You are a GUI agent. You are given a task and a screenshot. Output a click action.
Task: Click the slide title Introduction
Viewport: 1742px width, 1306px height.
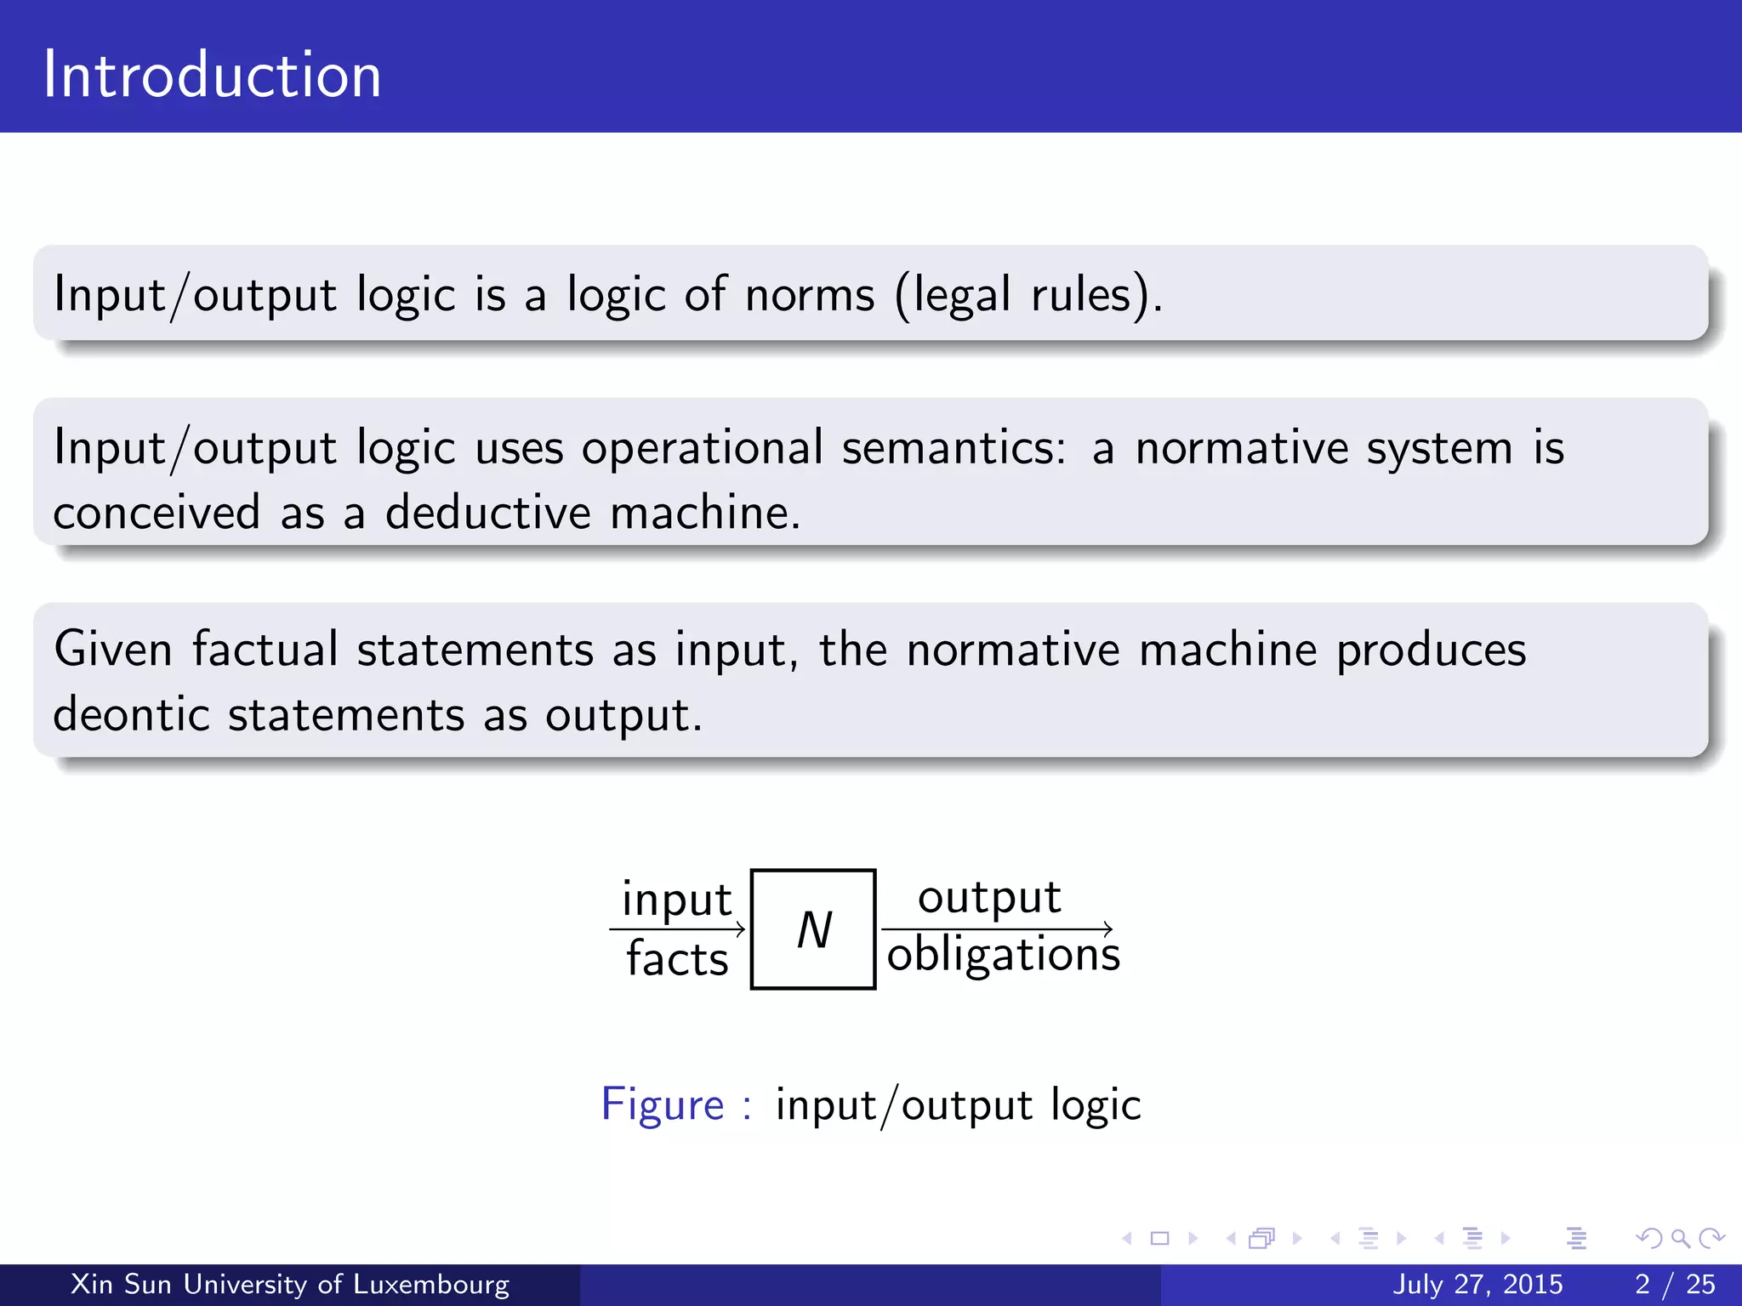pyautogui.click(x=212, y=75)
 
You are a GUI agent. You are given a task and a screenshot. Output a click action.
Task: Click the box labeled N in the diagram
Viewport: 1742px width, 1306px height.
pyautogui.click(x=813, y=929)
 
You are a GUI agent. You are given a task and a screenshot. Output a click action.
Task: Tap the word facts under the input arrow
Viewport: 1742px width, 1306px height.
pyautogui.click(x=677, y=959)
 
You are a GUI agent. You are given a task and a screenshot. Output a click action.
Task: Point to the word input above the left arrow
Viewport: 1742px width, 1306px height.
pyautogui.click(x=676, y=900)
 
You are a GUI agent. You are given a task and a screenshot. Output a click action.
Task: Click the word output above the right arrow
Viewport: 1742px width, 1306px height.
pyautogui.click(x=989, y=897)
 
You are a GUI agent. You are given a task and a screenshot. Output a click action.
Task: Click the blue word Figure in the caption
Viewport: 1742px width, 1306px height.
pyautogui.click(x=662, y=1104)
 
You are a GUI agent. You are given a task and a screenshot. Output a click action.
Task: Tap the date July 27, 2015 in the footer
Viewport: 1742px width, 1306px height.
pyautogui.click(x=1477, y=1284)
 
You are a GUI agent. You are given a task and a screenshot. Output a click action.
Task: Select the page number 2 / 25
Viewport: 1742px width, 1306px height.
pyautogui.click(x=1675, y=1284)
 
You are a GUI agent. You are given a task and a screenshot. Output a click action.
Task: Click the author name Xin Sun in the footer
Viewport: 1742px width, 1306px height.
pyautogui.click(x=121, y=1284)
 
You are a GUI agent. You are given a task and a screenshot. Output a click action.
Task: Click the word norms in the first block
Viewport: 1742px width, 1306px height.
pyautogui.click(x=810, y=295)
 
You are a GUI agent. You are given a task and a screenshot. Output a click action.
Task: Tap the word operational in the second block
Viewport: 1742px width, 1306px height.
pyautogui.click(x=702, y=448)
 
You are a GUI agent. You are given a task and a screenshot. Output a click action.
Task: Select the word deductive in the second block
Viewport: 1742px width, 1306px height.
pyautogui.click(x=487, y=513)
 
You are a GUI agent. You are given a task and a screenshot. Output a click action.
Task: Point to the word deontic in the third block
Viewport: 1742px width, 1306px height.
pyautogui.click(x=131, y=714)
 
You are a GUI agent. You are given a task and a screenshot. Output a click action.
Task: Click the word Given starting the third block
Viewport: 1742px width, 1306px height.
pyautogui.click(x=113, y=650)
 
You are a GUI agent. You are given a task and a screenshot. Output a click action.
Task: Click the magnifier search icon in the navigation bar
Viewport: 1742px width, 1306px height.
pyautogui.click(x=1680, y=1238)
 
